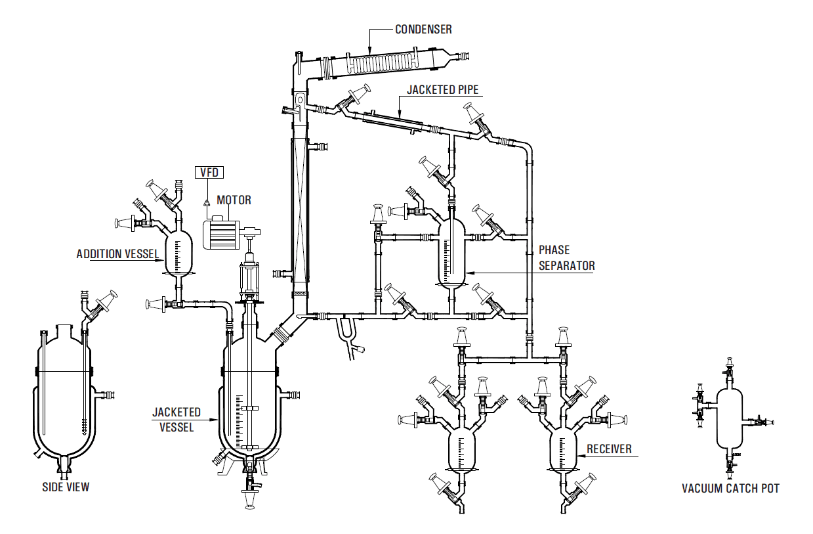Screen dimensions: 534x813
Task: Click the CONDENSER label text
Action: click(423, 30)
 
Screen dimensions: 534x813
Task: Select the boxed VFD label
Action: click(209, 173)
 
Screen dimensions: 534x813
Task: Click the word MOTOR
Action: click(234, 200)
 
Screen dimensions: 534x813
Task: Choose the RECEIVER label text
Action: click(609, 449)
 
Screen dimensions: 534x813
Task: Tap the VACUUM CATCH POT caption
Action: click(730, 489)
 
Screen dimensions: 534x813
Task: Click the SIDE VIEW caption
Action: click(66, 487)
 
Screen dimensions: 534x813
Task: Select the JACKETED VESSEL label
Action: click(177, 419)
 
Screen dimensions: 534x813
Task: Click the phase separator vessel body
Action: click(451, 253)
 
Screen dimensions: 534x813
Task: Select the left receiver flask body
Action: click(463, 450)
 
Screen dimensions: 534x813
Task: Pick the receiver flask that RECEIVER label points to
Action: click(564, 450)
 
